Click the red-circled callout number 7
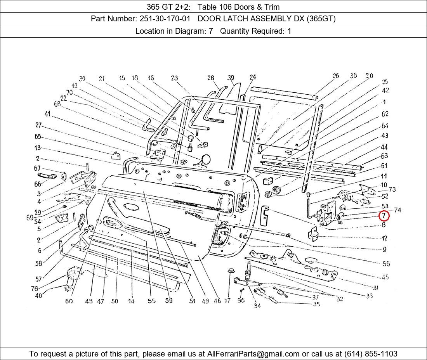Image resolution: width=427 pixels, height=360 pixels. point(384,216)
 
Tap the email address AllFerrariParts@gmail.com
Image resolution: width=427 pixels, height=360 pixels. point(253,354)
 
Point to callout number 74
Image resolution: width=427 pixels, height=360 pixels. point(397,210)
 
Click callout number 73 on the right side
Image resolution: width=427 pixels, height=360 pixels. point(392,189)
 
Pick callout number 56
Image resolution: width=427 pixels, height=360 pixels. point(386,264)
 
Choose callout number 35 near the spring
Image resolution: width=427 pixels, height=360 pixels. point(316,304)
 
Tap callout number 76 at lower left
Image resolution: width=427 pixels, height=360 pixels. point(35,289)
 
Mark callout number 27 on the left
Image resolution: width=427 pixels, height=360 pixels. point(38,125)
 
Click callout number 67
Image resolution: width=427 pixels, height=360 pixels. point(37,168)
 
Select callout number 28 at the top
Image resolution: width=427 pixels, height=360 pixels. point(210,78)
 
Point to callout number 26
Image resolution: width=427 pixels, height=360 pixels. point(335,76)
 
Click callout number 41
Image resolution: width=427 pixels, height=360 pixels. point(47,114)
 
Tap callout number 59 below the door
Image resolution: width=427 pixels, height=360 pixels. point(168,300)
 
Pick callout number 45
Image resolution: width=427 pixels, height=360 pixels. point(385,277)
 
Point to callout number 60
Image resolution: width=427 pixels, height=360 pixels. point(69,301)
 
